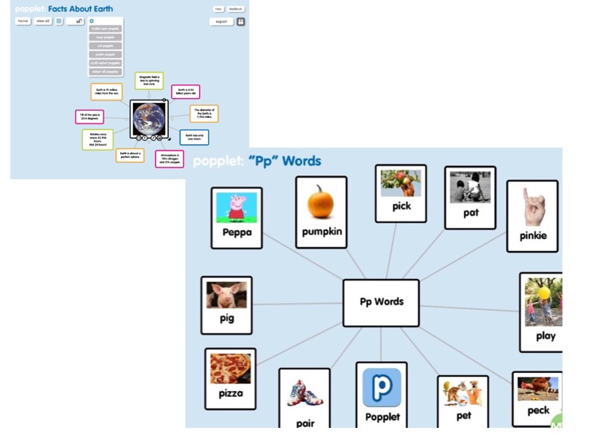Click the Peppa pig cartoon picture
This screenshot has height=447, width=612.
pyautogui.click(x=237, y=208)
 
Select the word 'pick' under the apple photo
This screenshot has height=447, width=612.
pyautogui.click(x=401, y=206)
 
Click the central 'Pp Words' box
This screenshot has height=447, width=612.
pyautogui.click(x=381, y=302)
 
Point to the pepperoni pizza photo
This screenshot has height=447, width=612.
pyautogui.click(x=230, y=368)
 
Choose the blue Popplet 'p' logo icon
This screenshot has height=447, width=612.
pyautogui.click(x=382, y=388)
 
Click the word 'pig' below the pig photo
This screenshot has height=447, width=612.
pyautogui.click(x=226, y=319)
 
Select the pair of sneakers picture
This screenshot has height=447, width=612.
pyautogui.click(x=304, y=393)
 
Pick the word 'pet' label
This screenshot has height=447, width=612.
pyautogui.click(x=463, y=415)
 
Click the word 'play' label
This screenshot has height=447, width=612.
pyautogui.click(x=545, y=335)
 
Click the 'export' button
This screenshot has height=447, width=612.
pyautogui.click(x=221, y=22)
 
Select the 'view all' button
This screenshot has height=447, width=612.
pyautogui.click(x=43, y=21)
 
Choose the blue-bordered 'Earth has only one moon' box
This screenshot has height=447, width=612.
pyautogui.click(x=194, y=137)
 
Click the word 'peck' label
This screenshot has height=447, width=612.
pyautogui.click(x=538, y=410)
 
